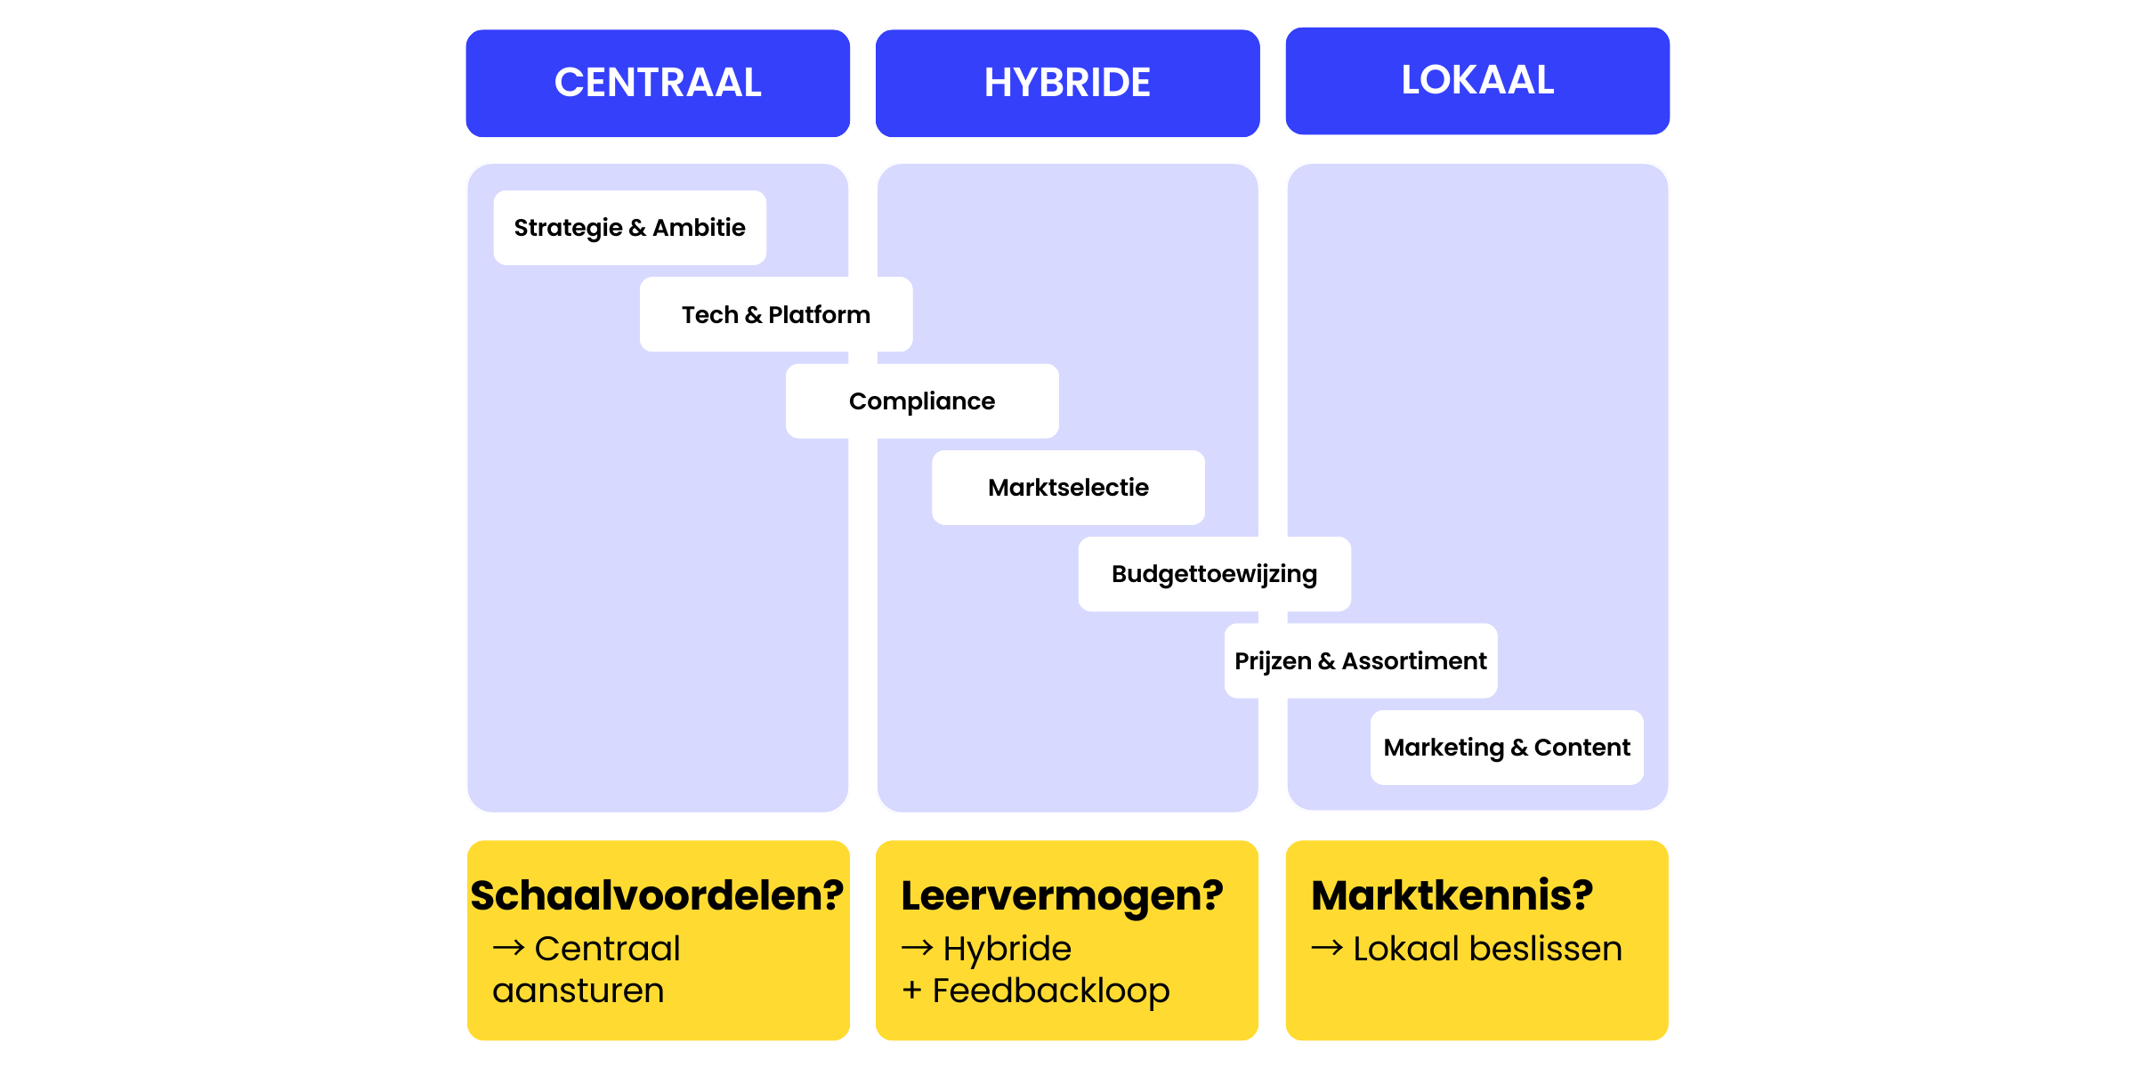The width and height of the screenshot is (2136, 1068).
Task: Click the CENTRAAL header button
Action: click(658, 83)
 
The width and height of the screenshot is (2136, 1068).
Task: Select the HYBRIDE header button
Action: click(1067, 83)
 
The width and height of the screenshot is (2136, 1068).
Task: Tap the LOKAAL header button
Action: click(1477, 80)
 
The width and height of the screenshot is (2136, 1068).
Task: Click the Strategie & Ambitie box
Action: click(629, 228)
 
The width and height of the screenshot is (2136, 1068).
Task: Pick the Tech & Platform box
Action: click(775, 314)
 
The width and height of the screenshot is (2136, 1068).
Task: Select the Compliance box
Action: click(922, 401)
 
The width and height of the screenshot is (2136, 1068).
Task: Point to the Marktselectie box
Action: click(1068, 488)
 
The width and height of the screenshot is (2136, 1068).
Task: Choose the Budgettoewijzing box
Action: click(1214, 574)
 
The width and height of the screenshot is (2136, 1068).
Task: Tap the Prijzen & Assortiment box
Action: click(1360, 660)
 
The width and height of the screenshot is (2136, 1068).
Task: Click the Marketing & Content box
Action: click(1506, 748)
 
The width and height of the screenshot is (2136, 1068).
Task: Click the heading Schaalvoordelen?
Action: click(657, 894)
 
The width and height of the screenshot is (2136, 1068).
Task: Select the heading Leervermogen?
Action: click(1062, 894)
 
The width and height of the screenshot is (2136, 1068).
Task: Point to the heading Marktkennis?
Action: click(1452, 894)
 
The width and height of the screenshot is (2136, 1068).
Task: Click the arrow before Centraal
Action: click(508, 948)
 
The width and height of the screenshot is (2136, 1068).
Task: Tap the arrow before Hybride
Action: click(917, 948)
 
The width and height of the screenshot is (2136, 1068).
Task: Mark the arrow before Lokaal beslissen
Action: click(1326, 948)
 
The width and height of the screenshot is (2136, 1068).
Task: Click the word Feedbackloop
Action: click(1051, 991)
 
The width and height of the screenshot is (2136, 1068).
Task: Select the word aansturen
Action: click(578, 991)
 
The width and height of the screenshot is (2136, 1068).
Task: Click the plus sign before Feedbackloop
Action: click(911, 991)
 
